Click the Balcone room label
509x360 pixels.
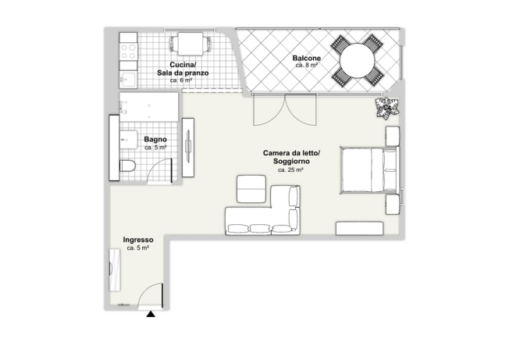pyautogui.click(x=307, y=58)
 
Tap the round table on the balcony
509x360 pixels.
pyautogui.click(x=357, y=60)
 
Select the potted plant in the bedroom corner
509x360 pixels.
pyautogui.click(x=386, y=108)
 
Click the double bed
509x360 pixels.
pyautogui.click(x=368, y=169)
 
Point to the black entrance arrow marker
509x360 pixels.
pyautogui.click(x=151, y=314)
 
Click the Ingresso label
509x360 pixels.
pyautogui.click(x=138, y=240)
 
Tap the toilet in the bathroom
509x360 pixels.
pyautogui.click(x=127, y=166)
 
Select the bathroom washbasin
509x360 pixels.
pyautogui.click(x=129, y=140)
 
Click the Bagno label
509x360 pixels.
pyautogui.click(x=155, y=139)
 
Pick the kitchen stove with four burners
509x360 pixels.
pyautogui.click(x=128, y=52)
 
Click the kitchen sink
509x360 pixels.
pyautogui.click(x=128, y=79)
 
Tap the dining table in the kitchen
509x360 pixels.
pyautogui.click(x=190, y=44)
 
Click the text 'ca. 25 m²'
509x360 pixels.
pyautogui.click(x=290, y=169)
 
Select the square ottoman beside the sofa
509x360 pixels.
pyautogui.click(x=251, y=189)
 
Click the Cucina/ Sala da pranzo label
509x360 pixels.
pyautogui.click(x=183, y=69)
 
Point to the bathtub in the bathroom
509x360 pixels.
pyautogui.click(x=148, y=107)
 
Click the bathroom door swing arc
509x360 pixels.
pyautogui.click(x=156, y=166)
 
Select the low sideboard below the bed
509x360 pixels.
pyautogui.click(x=359, y=229)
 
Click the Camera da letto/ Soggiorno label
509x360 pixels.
pyautogui.click(x=291, y=157)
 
